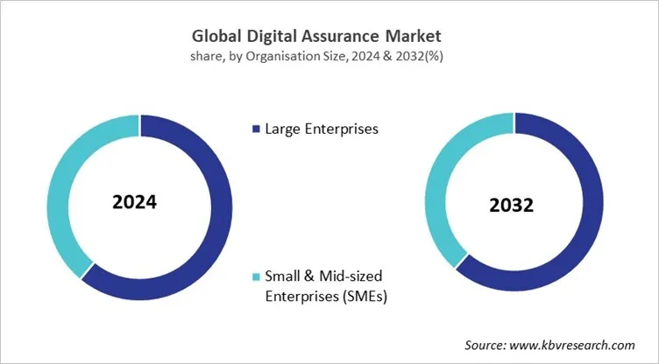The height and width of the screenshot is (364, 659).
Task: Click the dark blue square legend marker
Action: [256, 129]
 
